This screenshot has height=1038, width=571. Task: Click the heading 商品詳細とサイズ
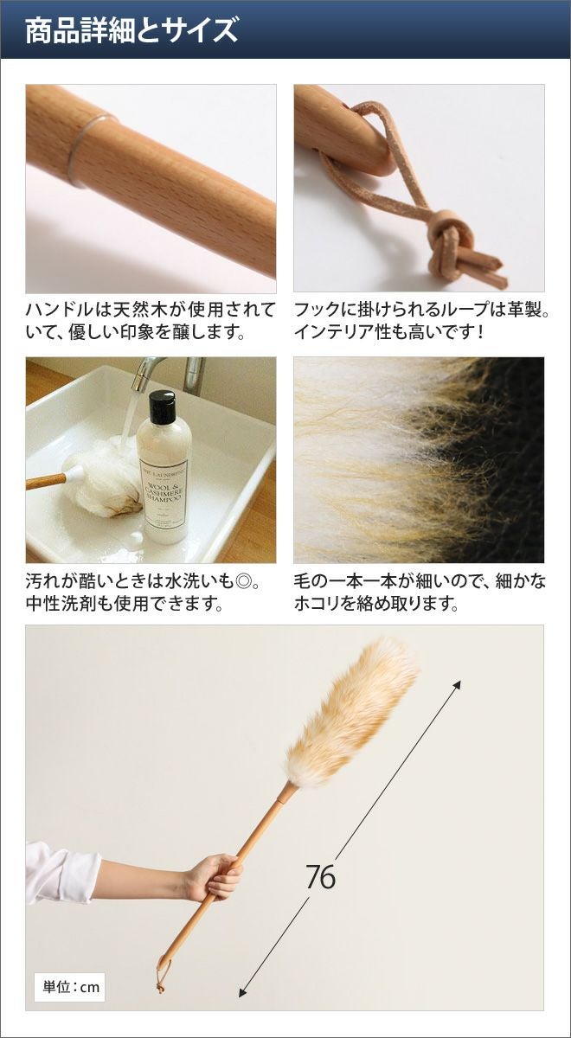point(132,30)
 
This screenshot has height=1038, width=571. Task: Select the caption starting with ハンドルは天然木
point(151,321)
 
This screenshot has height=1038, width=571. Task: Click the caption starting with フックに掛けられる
point(421,321)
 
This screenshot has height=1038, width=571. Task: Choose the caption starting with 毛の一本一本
point(420,593)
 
